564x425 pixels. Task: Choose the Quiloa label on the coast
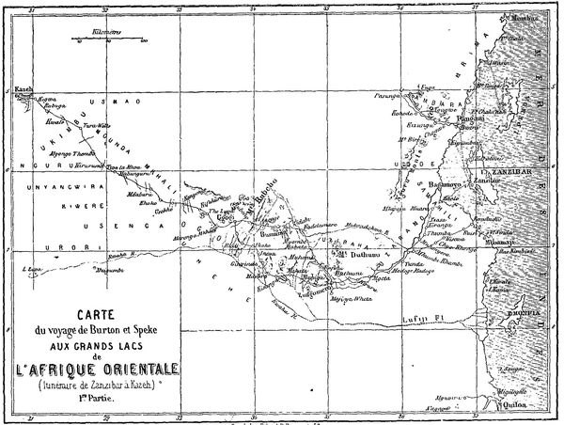(x=515, y=408)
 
